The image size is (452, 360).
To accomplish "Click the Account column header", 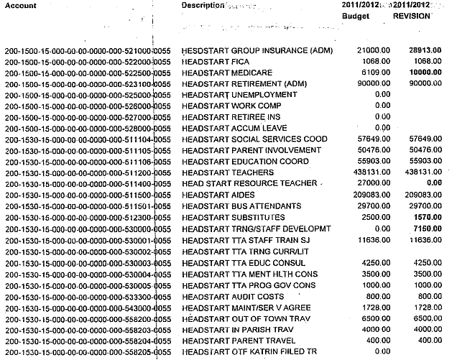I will click(x=22, y=5).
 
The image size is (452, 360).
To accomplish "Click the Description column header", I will click(x=203, y=5).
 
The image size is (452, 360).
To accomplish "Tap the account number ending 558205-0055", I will click(x=87, y=351).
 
